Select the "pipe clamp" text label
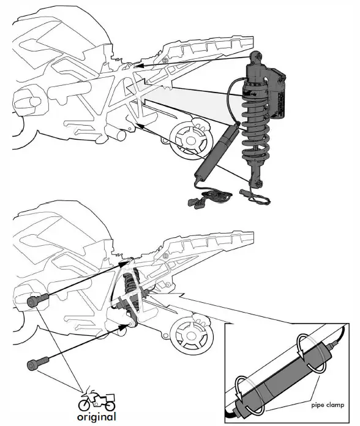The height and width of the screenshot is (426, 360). coord(328,405)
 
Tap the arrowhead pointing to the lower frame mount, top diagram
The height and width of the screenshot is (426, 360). coord(140,126)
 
